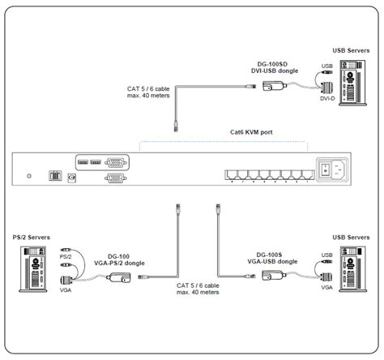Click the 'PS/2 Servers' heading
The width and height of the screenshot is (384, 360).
(x=32, y=237)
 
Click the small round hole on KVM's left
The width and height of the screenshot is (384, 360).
(x=30, y=174)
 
